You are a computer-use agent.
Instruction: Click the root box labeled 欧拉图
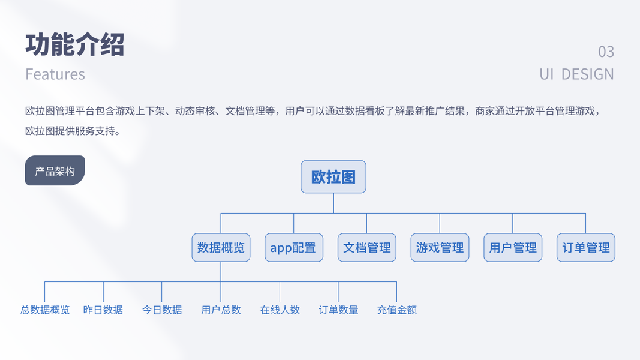[333, 177]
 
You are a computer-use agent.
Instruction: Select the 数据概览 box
[221, 247]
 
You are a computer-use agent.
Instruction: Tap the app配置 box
[293, 247]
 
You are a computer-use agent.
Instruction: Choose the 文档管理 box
[366, 247]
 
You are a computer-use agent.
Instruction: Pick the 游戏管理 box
[440, 247]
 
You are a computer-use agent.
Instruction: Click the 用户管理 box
[513, 247]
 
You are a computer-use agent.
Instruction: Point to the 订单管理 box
[585, 247]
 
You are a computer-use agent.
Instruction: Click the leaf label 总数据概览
[45, 310]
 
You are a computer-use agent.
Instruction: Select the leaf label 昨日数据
[103, 310]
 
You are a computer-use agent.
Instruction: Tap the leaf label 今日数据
[162, 310]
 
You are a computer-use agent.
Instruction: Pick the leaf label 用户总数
[221, 310]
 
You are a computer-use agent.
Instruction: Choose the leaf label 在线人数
[280, 310]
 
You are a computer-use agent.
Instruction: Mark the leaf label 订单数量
[338, 310]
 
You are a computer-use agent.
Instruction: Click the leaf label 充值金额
[396, 310]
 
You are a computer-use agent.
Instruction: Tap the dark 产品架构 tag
[55, 171]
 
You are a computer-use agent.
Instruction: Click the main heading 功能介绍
[75, 44]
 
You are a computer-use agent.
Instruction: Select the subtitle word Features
[55, 74]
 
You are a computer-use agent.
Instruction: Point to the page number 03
[606, 52]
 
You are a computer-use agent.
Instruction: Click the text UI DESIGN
[576, 74]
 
